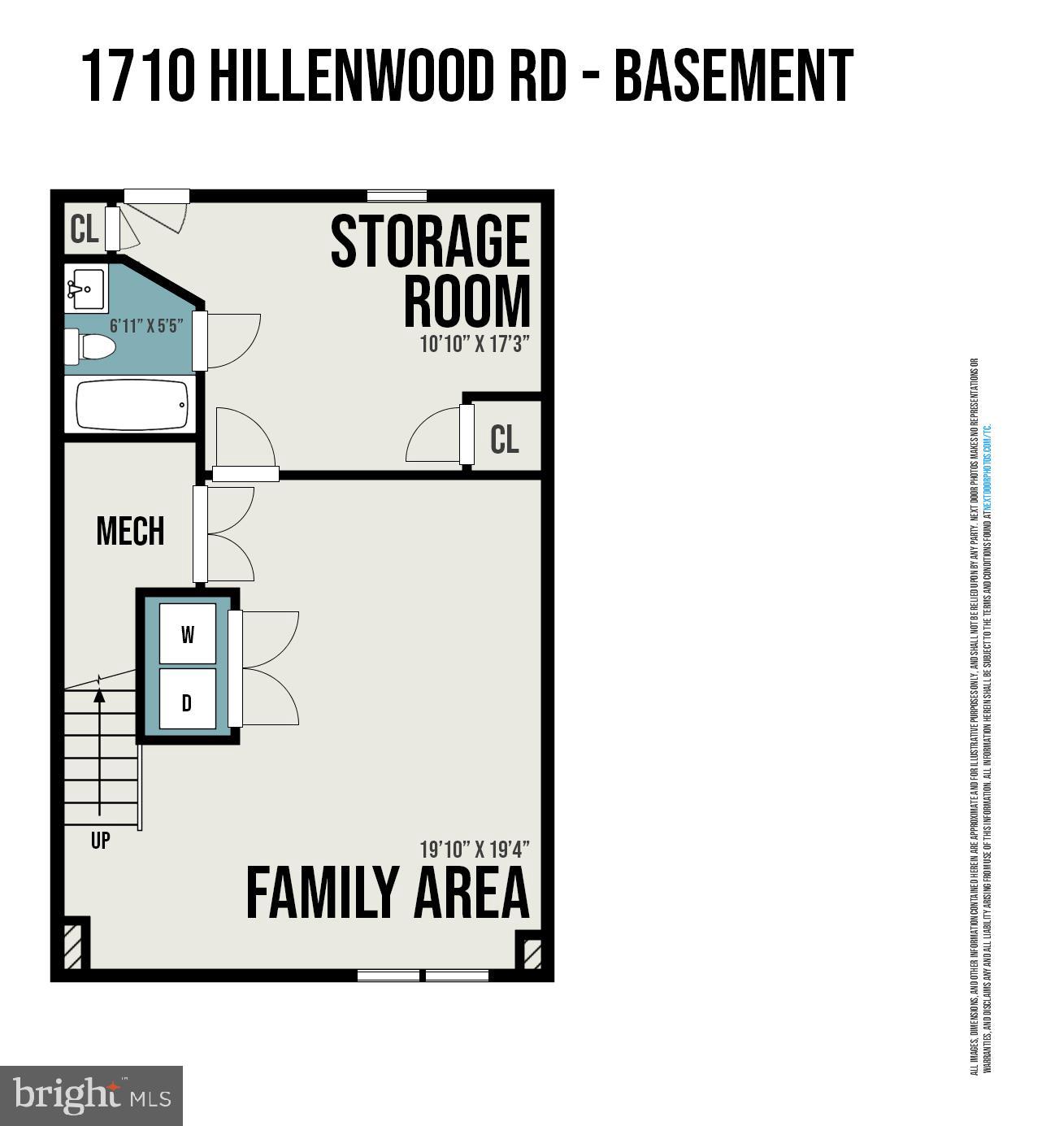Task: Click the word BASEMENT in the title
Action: [x=733, y=76]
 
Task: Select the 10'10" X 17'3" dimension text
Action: [x=475, y=344]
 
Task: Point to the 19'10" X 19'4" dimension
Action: [x=475, y=850]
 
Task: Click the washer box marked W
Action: [x=188, y=634]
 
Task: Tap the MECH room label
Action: [x=130, y=532]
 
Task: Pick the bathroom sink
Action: [x=85, y=289]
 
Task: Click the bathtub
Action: [x=132, y=405]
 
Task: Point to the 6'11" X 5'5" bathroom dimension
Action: [x=146, y=326]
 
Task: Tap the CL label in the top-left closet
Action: [x=85, y=230]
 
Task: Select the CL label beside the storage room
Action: [x=504, y=440]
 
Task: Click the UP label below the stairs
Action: [x=100, y=841]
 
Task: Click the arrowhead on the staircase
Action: [x=99, y=695]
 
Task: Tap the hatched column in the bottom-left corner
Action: [x=73, y=943]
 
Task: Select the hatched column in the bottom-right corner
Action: [x=532, y=953]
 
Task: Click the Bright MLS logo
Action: [x=91, y=1095]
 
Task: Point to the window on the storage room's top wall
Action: [x=397, y=196]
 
